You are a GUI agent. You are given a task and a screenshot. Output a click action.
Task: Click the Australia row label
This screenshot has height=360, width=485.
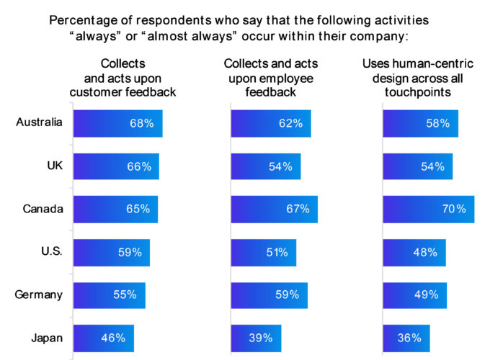[40, 122]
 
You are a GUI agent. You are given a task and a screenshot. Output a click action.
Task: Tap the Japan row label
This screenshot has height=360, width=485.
[47, 337]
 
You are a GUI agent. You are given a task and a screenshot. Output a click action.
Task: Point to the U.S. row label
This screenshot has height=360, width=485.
[53, 251]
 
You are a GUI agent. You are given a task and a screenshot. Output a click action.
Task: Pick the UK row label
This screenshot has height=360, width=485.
[55, 166]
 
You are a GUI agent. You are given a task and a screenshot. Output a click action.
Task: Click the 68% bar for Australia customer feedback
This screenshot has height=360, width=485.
[117, 123]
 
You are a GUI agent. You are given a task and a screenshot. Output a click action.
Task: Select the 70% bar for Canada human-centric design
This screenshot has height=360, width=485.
[428, 209]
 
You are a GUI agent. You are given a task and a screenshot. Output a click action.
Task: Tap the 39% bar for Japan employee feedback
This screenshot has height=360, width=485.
[256, 338]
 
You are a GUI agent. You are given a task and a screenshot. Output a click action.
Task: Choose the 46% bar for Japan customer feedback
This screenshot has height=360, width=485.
[103, 338]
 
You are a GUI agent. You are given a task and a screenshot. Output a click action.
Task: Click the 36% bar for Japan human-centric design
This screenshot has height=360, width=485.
[406, 338]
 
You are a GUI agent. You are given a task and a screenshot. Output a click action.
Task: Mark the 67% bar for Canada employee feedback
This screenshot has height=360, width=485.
[274, 209]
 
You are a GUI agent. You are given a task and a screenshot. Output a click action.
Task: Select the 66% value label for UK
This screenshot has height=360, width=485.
[139, 166]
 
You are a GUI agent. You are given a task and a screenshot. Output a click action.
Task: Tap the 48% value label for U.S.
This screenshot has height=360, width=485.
[425, 252]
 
